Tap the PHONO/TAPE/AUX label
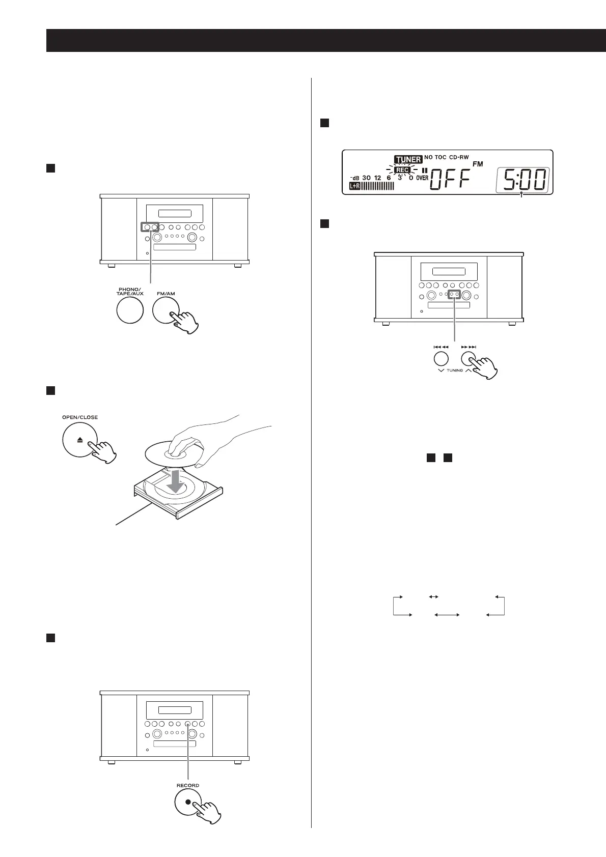[129, 292]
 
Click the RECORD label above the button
[188, 785]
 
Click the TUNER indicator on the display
[408, 159]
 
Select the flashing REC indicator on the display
[403, 170]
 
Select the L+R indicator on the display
[354, 187]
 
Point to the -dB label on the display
[354, 178]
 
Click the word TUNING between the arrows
[454, 370]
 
